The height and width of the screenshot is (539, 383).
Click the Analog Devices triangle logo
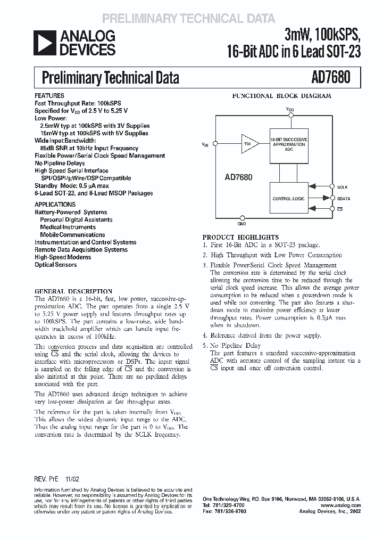(43, 43)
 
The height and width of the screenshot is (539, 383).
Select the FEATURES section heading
(49, 96)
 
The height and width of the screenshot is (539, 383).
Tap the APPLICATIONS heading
(55, 205)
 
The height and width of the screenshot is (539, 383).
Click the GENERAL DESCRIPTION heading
(73, 291)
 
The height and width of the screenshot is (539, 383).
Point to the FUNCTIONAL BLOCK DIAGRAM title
(281, 96)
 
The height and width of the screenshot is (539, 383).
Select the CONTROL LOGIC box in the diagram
(289, 198)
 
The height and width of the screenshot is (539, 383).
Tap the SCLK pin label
(343, 187)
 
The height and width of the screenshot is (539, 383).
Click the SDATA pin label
(344, 198)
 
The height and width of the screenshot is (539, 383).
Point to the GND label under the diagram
(242, 224)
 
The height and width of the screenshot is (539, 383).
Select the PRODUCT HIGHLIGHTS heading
(240, 237)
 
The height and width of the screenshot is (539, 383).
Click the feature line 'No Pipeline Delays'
(60, 163)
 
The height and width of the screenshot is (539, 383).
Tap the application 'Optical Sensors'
(55, 265)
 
